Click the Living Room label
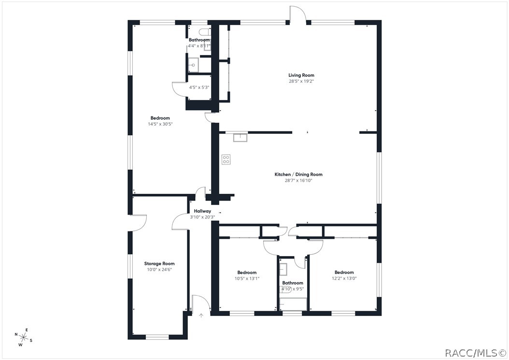[x=301, y=75]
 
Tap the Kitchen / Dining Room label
[x=298, y=174]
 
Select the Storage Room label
[x=159, y=264]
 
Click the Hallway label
[x=202, y=211]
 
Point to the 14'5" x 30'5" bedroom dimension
[x=160, y=124]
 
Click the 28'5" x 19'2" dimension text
[x=301, y=81]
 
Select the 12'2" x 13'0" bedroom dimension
[x=344, y=278]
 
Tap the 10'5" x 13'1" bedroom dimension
[x=247, y=278]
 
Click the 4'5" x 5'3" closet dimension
[x=199, y=87]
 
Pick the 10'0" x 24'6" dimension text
[x=159, y=270]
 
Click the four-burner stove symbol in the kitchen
[x=226, y=159]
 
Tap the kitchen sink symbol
[x=240, y=138]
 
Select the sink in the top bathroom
[x=194, y=65]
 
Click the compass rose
[x=24, y=337]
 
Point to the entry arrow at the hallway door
[x=201, y=315]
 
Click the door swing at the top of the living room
[x=298, y=14]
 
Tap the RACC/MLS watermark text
[x=475, y=353]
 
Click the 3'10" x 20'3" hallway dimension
[x=202, y=217]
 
